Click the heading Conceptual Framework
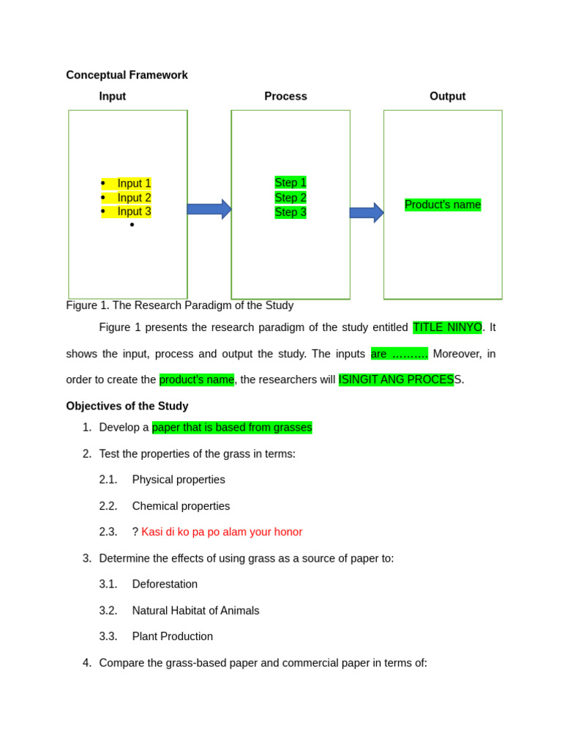tap(127, 75)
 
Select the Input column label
tap(113, 96)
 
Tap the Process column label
tap(285, 96)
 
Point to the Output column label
tap(447, 96)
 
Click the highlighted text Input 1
tap(134, 183)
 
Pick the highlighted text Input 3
tap(134, 212)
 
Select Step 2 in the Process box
tap(291, 198)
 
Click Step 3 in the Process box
tap(291, 212)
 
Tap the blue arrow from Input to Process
tap(209, 209)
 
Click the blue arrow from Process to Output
tap(366, 212)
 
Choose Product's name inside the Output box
tap(443, 205)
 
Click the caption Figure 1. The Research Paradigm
tap(179, 305)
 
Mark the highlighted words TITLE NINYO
tap(447, 327)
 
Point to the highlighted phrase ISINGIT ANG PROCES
tap(396, 379)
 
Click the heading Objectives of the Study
tap(127, 406)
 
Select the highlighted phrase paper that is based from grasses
tap(232, 427)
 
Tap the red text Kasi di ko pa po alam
tap(222, 532)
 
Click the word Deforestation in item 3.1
tap(165, 584)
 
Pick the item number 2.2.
tap(108, 506)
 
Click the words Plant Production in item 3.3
tap(173, 636)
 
